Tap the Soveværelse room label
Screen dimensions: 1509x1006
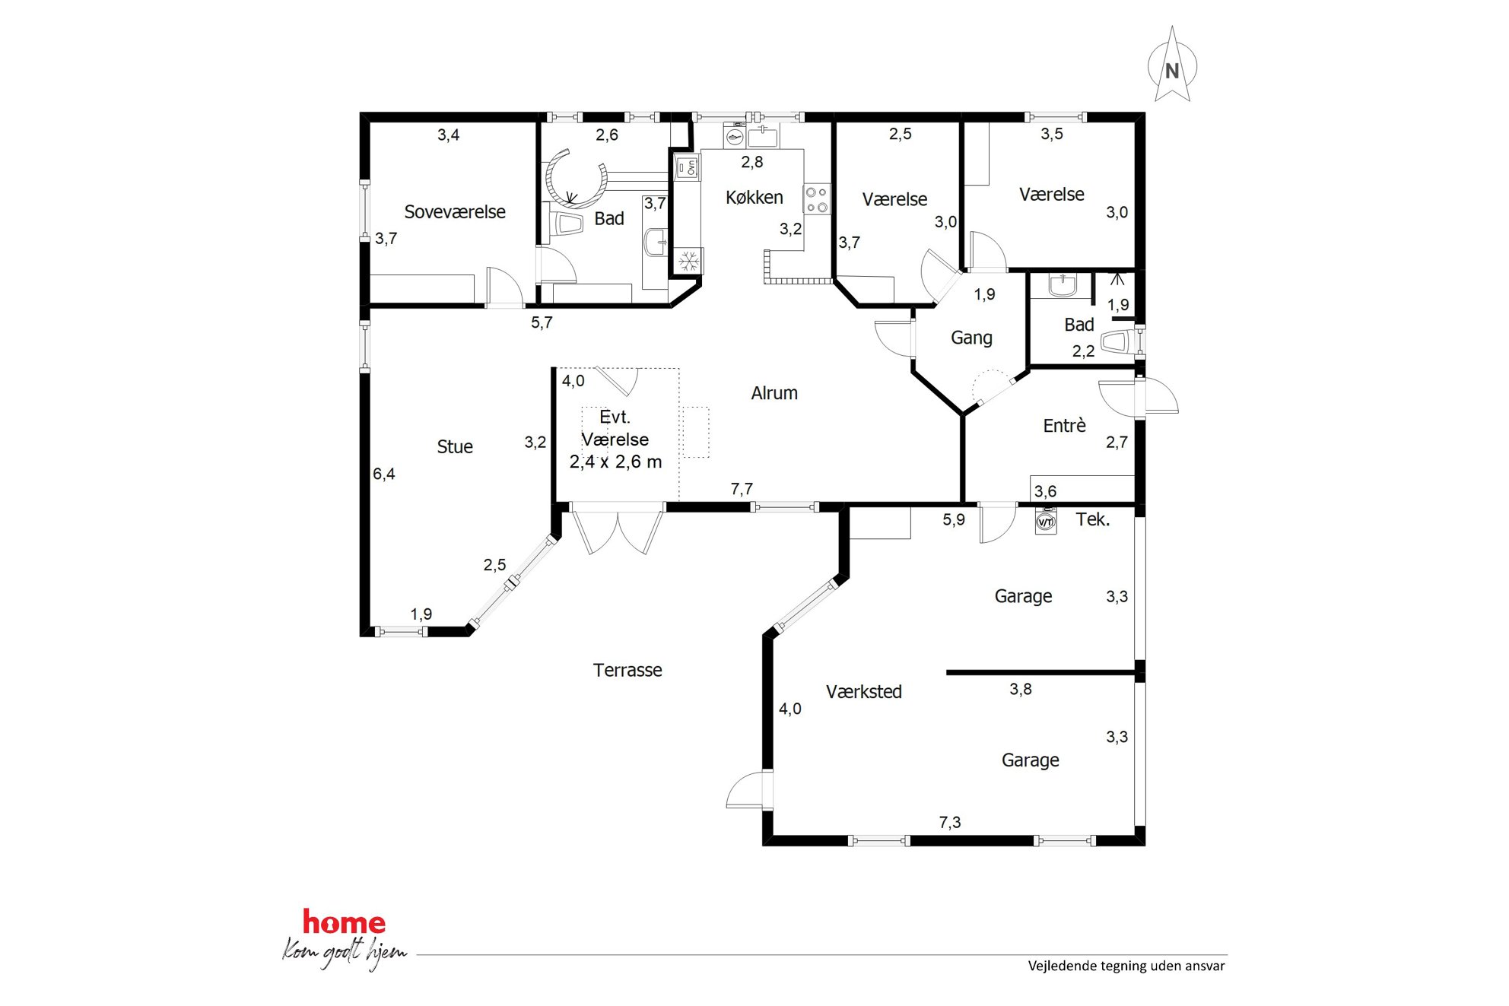pos(455,212)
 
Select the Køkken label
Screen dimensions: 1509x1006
pos(754,198)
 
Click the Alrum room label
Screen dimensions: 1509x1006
pos(774,393)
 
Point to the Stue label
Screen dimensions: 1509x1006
pos(455,447)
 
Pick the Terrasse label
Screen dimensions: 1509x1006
pos(627,670)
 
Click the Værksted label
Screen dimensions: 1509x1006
pos(864,692)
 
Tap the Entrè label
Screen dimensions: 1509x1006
pos(1064,425)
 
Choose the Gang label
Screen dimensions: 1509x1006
pos(971,338)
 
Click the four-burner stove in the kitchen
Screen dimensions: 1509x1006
pos(817,199)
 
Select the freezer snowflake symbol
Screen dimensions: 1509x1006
pos(689,262)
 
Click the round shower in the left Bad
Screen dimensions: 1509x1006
pos(577,179)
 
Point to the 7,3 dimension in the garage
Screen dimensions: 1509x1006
pos(950,822)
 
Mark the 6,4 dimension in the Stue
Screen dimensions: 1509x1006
pos(384,474)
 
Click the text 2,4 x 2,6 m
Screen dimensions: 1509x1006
pos(615,462)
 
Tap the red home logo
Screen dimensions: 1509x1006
pos(344,922)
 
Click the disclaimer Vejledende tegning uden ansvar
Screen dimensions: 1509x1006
pos(1126,966)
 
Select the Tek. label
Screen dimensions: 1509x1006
pos(1092,519)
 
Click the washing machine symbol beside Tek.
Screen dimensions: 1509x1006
pos(1046,522)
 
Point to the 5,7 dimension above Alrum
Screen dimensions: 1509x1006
pos(542,322)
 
